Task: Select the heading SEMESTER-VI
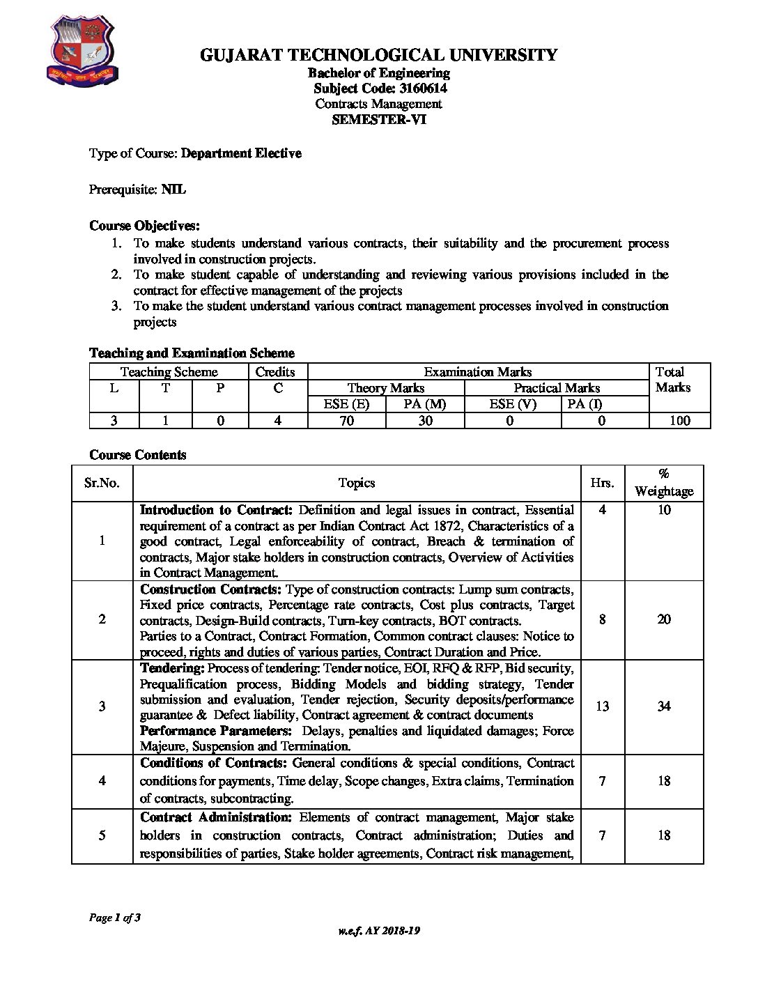pyautogui.click(x=378, y=119)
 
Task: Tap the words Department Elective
pyautogui.click(x=241, y=153)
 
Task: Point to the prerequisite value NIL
pyautogui.click(x=173, y=190)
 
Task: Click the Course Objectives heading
pyautogui.click(x=144, y=226)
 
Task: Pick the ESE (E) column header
pyautogui.click(x=346, y=404)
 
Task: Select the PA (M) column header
pyautogui.click(x=425, y=404)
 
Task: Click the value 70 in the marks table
pyautogui.click(x=346, y=420)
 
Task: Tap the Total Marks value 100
pyautogui.click(x=679, y=420)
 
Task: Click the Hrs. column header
pyautogui.click(x=602, y=483)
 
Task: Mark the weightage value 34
pyautogui.click(x=664, y=706)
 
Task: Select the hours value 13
pyautogui.click(x=603, y=706)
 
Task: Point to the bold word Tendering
pyautogui.click(x=172, y=668)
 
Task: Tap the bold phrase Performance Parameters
pyautogui.click(x=215, y=731)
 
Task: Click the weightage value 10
pyautogui.click(x=664, y=510)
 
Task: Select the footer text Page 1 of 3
pyautogui.click(x=115, y=918)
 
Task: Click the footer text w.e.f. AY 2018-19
pyautogui.click(x=379, y=931)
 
